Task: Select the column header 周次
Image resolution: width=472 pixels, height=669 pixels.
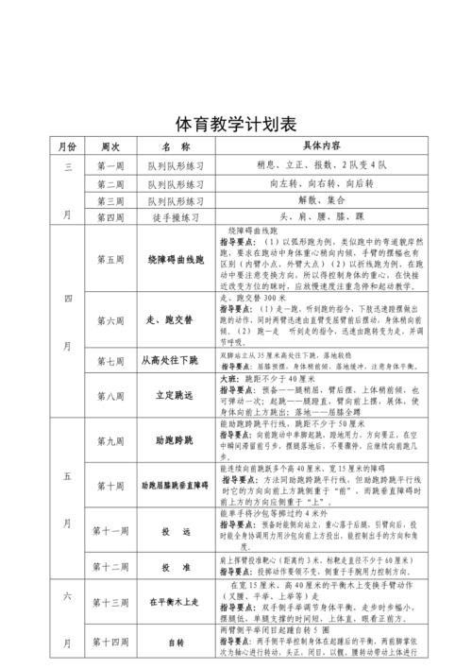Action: [x=110, y=147]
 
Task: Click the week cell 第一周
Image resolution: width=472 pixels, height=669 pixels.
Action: [x=110, y=165]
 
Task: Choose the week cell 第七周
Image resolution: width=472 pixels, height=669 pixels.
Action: [x=110, y=360]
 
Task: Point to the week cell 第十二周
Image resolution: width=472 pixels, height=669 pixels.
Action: [x=110, y=567]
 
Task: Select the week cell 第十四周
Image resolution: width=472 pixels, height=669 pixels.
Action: [x=110, y=643]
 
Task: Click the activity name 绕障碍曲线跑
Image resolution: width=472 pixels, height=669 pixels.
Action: [x=176, y=258]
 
